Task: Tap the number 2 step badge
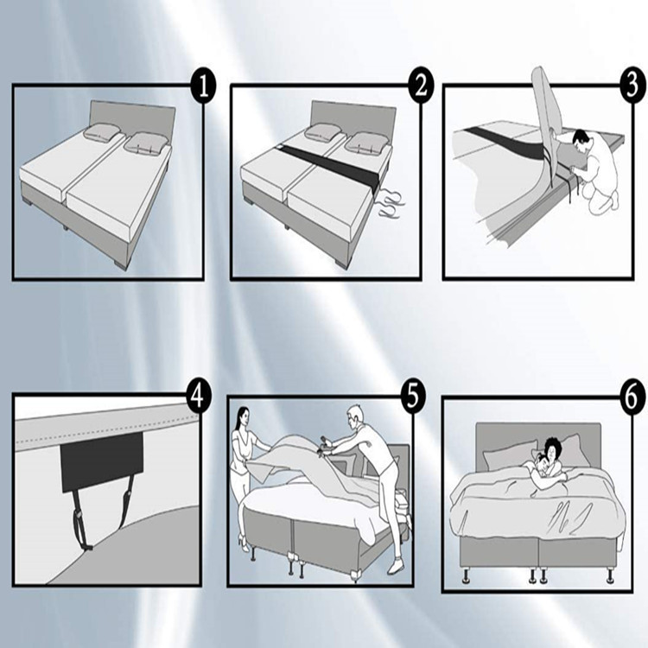(x=421, y=86)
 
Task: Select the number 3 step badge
(x=633, y=86)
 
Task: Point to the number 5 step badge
(x=413, y=397)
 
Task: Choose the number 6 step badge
(x=633, y=398)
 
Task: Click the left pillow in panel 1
(x=103, y=132)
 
